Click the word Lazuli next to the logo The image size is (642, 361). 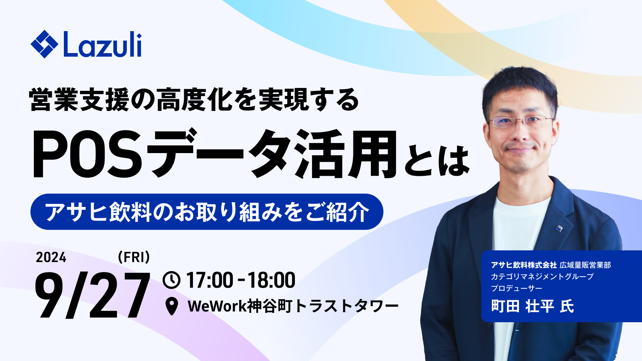coord(102,44)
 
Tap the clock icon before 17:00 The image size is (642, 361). coord(172,280)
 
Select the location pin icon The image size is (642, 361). coord(172,306)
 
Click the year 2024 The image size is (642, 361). coord(51,257)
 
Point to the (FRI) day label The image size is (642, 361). coord(134,257)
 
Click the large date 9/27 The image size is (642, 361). coord(92,295)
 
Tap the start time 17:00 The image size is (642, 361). coord(210,280)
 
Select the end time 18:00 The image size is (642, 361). coord(271,280)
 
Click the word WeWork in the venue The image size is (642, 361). coord(217,306)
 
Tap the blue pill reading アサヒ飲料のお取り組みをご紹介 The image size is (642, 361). coord(207,212)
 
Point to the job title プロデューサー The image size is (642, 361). coord(517,288)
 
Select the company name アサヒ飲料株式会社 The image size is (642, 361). coord(524,265)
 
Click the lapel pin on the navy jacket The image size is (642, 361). coord(559,228)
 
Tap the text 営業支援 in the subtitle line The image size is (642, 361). coord(79,100)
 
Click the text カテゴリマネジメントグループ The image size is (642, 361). coord(542,277)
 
